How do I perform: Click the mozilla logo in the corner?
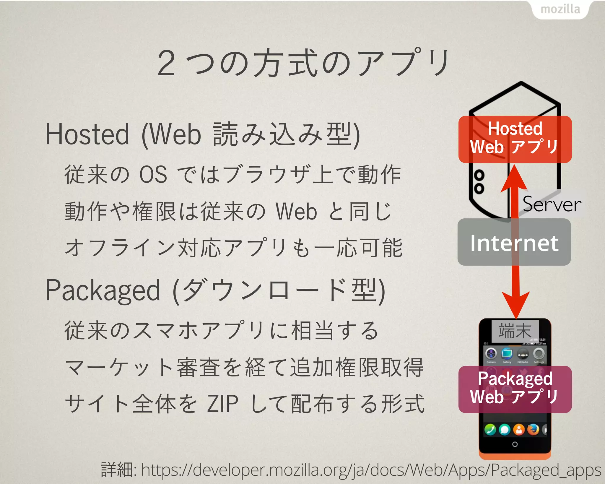pyautogui.click(x=560, y=9)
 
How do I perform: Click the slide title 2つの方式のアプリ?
pyautogui.click(x=303, y=63)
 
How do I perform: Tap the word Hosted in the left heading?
pyautogui.click(x=87, y=134)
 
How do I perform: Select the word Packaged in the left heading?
pyautogui.click(x=103, y=291)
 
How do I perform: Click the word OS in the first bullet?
pyautogui.click(x=153, y=174)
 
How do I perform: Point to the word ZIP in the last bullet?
pyautogui.click(x=222, y=404)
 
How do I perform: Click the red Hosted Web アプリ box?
pyautogui.click(x=515, y=139)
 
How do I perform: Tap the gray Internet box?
pyautogui.click(x=514, y=242)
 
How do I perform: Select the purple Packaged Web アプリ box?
pyautogui.click(x=515, y=389)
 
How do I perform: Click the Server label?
pyautogui.click(x=552, y=204)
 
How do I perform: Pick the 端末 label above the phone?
pyautogui.click(x=515, y=331)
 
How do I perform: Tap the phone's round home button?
pyautogui.click(x=515, y=444)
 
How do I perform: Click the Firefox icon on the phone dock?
pyautogui.click(x=533, y=430)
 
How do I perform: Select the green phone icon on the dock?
pyautogui.click(x=490, y=430)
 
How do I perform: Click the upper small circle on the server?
pyautogui.click(x=479, y=176)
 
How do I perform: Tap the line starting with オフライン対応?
pyautogui.click(x=233, y=248)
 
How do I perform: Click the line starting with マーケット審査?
pyautogui.click(x=244, y=368)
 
